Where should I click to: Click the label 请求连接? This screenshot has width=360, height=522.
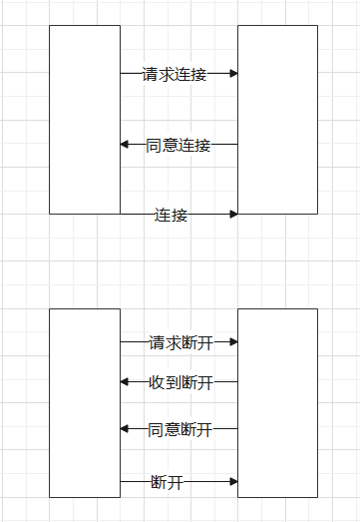point(175,74)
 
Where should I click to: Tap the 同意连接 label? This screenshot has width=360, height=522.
point(179,145)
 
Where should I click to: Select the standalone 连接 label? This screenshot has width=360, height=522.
point(171,215)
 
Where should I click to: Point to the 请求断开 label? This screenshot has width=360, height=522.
point(180,342)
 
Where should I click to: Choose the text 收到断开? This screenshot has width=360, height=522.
point(180,382)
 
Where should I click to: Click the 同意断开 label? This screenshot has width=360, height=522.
point(180,429)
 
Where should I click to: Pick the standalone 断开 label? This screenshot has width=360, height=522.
point(167,482)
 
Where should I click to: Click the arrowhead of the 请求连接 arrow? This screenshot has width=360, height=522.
point(233,73)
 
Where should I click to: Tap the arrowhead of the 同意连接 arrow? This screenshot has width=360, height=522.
point(125,144)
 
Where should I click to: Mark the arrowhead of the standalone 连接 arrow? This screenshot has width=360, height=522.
point(233,214)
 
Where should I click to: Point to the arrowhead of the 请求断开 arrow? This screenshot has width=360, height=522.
point(233,341)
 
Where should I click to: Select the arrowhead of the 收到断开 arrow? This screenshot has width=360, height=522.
point(125,381)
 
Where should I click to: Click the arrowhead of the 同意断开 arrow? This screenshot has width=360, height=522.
point(125,428)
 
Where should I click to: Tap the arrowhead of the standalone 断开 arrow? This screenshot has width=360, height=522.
point(233,481)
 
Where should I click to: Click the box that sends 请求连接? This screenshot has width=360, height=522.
point(84,120)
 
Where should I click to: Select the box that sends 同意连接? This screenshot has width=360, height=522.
point(277,120)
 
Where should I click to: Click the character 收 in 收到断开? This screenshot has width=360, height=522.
point(157,382)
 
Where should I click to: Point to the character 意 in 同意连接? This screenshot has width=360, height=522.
point(171,145)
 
